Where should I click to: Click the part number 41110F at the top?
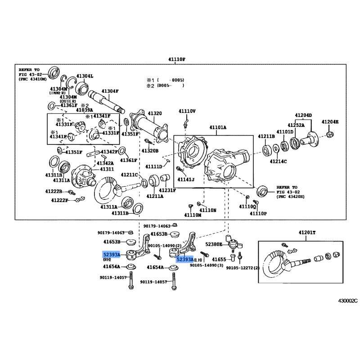click(x=176, y=59)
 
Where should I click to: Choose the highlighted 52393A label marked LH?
click(x=184, y=260)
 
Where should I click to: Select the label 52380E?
click(x=214, y=244)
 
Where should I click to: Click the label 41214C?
click(x=278, y=161)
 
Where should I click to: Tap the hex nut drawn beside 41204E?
click(x=330, y=135)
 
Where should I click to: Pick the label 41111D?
click(x=153, y=166)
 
